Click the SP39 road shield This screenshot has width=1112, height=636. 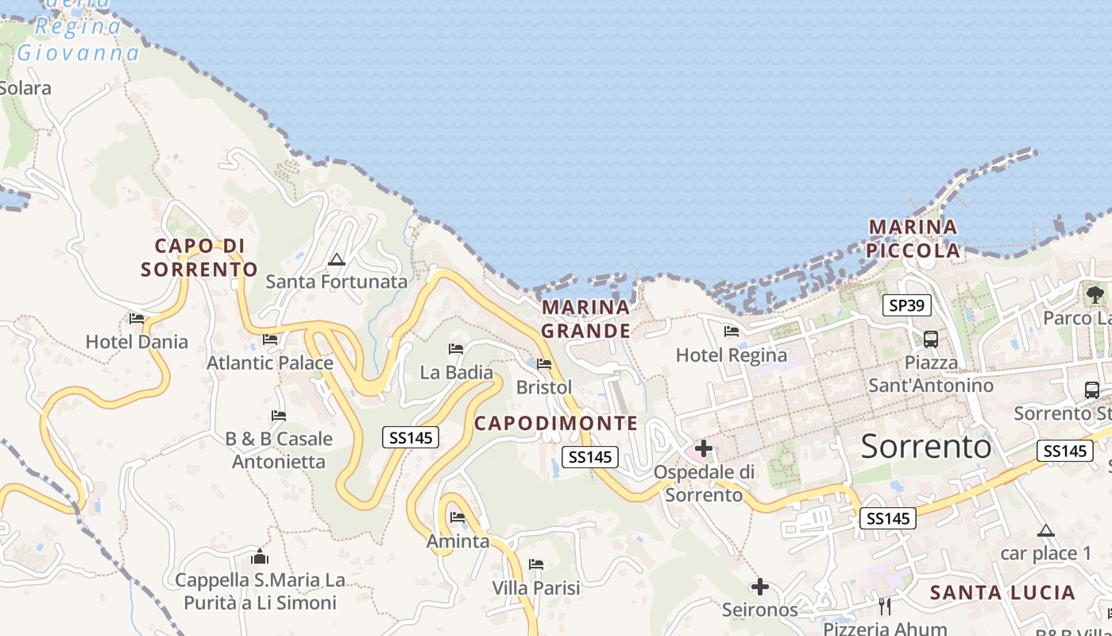coord(907,305)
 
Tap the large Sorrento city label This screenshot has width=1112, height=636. coord(926,447)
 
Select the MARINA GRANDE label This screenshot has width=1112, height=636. coord(586,319)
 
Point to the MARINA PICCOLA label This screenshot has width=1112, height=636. coord(913,238)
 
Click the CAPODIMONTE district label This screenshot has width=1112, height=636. coord(556,423)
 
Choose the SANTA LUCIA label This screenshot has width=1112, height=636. coord(1002,592)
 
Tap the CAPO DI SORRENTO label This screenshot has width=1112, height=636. coord(199,258)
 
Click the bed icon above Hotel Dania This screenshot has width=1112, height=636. coord(137,319)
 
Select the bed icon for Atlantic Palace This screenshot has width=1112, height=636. coord(270,339)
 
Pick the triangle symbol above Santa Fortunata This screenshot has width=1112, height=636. coord(337,259)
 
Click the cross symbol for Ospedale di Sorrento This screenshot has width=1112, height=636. coord(703,448)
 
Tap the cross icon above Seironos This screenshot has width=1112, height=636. coord(760,587)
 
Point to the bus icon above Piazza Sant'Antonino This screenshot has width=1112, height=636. coord(931,339)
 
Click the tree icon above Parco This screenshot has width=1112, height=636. coord(1095,294)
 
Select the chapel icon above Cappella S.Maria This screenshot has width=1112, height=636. coord(260,556)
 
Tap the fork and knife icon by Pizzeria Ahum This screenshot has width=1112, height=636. coord(885,607)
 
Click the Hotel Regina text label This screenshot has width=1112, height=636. coord(732,355)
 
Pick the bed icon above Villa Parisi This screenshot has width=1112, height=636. coord(536,565)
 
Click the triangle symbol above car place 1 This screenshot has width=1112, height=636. coord(1046,530)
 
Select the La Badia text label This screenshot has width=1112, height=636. coord(457,372)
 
